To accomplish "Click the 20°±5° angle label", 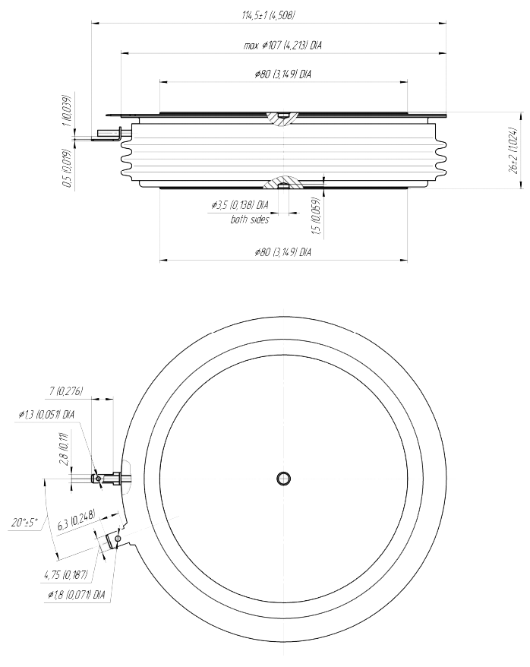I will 25,523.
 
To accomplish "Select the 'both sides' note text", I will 249,220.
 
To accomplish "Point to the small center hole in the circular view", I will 283,478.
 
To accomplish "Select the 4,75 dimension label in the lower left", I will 66,574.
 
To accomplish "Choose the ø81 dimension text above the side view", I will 282,74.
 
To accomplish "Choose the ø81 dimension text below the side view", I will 282,251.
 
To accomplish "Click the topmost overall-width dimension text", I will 267,15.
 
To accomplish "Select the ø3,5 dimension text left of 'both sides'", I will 239,205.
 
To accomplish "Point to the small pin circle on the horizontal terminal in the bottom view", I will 96,479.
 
